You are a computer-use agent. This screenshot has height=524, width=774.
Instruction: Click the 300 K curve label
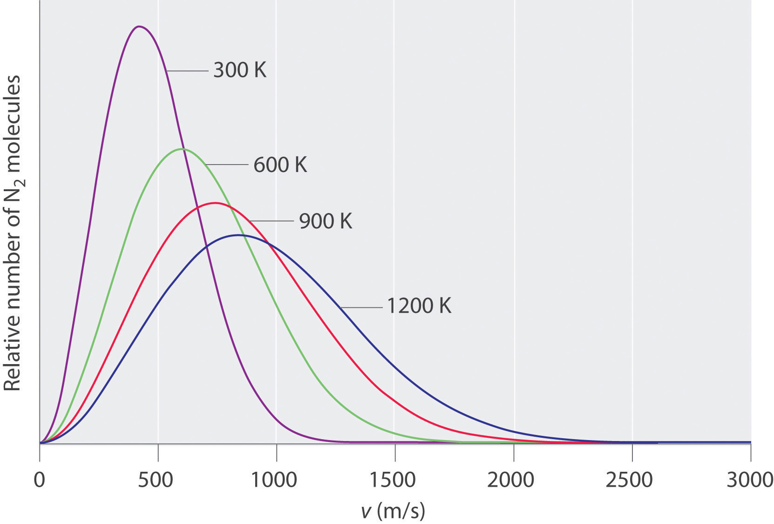coord(240,70)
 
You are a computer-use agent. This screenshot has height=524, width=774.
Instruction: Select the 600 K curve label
coord(280,165)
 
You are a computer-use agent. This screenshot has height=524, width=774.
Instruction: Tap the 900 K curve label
coord(326,221)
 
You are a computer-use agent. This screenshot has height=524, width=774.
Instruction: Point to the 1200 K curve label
coord(419,306)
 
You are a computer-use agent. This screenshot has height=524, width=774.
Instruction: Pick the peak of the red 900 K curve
coord(215,203)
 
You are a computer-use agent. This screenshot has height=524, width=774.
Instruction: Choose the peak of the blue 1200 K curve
coord(238,235)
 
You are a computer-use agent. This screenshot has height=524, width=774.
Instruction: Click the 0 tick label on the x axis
coord(40,480)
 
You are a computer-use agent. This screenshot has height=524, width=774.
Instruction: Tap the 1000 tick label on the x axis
coord(275,480)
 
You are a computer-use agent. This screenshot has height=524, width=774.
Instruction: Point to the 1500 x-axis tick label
coord(394,480)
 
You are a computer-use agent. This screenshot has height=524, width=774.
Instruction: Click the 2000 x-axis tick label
coord(511,480)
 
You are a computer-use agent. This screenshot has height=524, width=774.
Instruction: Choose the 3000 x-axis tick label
coord(749,480)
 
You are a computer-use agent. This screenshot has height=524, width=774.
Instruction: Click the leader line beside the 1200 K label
coord(361,307)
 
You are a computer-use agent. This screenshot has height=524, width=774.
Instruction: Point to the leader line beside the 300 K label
coord(187,71)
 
